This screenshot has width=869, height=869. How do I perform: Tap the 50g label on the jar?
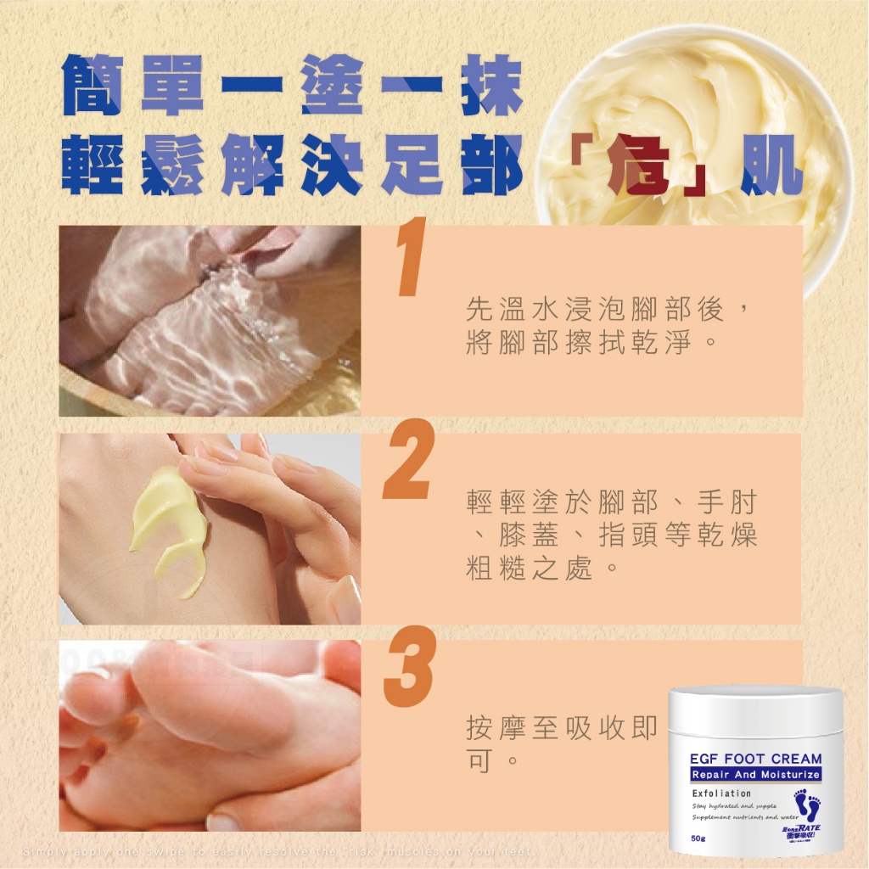point(699,839)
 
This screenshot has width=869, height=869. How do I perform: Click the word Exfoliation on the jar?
point(721,793)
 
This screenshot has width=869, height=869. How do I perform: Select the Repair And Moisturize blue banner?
point(754,775)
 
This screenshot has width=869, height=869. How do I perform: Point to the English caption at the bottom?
point(280,851)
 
